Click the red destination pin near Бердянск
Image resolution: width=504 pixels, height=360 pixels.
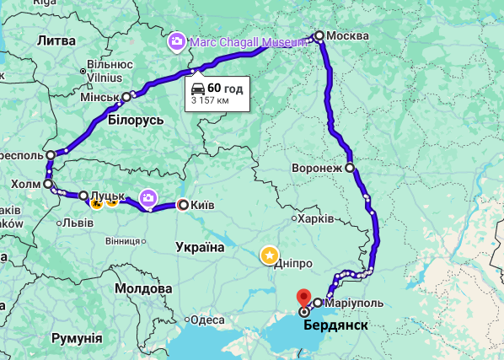[x=304, y=298]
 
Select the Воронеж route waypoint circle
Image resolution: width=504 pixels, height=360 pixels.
[x=350, y=167]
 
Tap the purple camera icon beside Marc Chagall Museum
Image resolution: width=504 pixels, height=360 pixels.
[x=177, y=40]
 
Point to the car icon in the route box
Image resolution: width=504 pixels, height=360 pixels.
[x=197, y=88]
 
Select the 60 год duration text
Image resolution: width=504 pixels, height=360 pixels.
[x=226, y=88]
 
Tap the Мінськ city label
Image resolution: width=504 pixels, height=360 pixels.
[x=99, y=98]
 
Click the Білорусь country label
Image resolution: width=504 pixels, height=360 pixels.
[x=135, y=120]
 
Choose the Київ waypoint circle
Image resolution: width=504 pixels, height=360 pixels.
[x=183, y=204]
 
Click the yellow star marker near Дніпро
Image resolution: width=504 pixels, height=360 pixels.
[x=269, y=255]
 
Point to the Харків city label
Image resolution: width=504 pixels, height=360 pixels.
[x=316, y=218]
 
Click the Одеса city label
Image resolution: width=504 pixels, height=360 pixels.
[x=207, y=320]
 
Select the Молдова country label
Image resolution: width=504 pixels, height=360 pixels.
[x=143, y=288]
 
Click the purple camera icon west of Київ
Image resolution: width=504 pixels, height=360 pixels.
[x=148, y=197]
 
